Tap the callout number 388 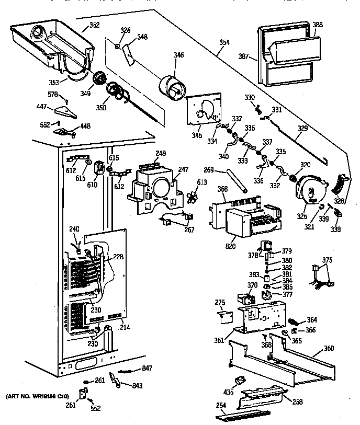click(318, 25)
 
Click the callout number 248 click(161, 153)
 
